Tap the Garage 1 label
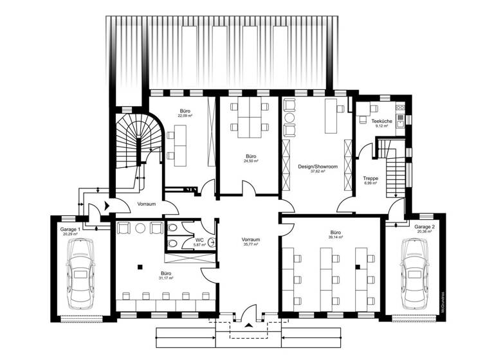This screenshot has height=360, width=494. coord(69,230)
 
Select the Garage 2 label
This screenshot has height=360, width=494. coord(425,227)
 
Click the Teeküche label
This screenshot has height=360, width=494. coord(381,122)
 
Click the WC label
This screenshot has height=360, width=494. coord(199,240)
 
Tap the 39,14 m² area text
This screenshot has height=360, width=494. coord(336,237)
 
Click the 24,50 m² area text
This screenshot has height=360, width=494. coord(251,161)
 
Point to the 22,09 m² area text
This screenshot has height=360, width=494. coord(186,115)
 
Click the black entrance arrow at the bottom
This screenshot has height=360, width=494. coord(247,324)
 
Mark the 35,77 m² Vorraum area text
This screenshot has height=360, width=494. coord(251,245)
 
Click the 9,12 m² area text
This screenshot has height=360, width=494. coord(381,126)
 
